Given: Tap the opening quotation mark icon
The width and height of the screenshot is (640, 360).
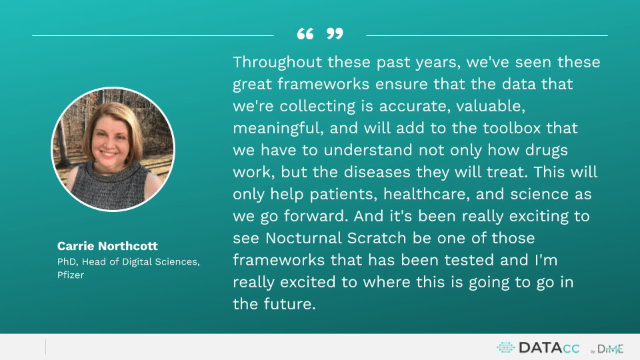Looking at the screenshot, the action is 305,34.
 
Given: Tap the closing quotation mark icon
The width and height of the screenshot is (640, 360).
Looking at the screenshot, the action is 335,34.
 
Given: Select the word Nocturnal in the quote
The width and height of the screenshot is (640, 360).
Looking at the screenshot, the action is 303,238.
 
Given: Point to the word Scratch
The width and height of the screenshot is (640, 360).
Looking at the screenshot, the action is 377,238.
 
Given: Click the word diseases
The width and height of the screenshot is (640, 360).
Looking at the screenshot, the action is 377,172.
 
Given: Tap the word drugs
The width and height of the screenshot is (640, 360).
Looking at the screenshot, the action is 546,151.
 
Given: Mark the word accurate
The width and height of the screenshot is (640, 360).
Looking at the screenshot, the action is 415,107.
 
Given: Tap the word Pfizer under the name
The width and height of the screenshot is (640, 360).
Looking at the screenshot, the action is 71,275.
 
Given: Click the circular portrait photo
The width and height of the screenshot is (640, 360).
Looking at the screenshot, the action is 113,149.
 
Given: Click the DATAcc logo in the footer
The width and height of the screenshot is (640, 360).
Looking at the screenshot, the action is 538,348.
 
